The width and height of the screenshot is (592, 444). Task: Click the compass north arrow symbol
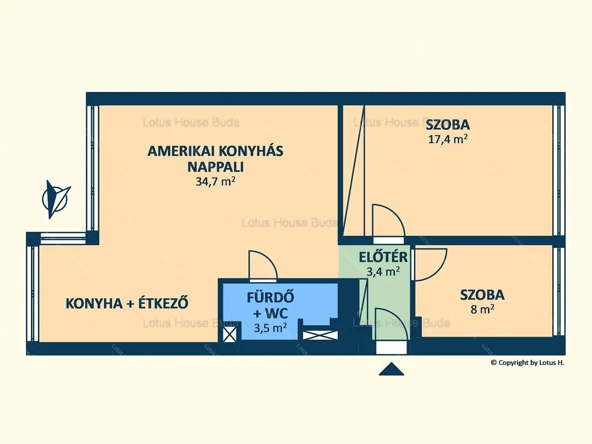pos(56,199)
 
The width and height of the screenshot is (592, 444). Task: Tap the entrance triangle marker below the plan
pos(391,369)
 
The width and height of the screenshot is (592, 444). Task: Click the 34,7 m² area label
pos(215,181)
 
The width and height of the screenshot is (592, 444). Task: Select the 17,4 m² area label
pos(448,139)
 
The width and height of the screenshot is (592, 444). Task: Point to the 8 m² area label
pos(482,309)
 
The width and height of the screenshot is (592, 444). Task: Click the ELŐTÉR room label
pos(383,257)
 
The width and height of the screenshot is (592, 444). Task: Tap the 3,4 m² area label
pos(383,271)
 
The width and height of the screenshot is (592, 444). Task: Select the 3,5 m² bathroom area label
pos(270,328)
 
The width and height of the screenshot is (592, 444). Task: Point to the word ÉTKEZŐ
pos(163,303)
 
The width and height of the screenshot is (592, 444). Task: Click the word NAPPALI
pos(216,167)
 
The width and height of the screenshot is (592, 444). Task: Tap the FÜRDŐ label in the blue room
pos(270,297)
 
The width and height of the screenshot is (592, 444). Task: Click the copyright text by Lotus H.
pos(528,363)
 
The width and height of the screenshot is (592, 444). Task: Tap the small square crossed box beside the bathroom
pos(229,334)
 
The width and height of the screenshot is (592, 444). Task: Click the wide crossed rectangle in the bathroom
pos(320,335)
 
